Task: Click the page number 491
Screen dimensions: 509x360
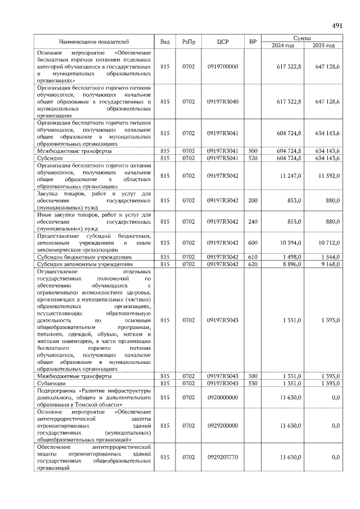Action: pyautogui.click(x=337, y=26)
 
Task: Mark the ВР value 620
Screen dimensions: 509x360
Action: pyautogui.click(x=253, y=263)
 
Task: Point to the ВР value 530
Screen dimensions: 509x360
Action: pyautogui.click(x=253, y=383)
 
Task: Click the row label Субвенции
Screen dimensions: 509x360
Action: pyautogui.click(x=52, y=383)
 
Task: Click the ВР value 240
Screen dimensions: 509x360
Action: pyautogui.click(x=253, y=222)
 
